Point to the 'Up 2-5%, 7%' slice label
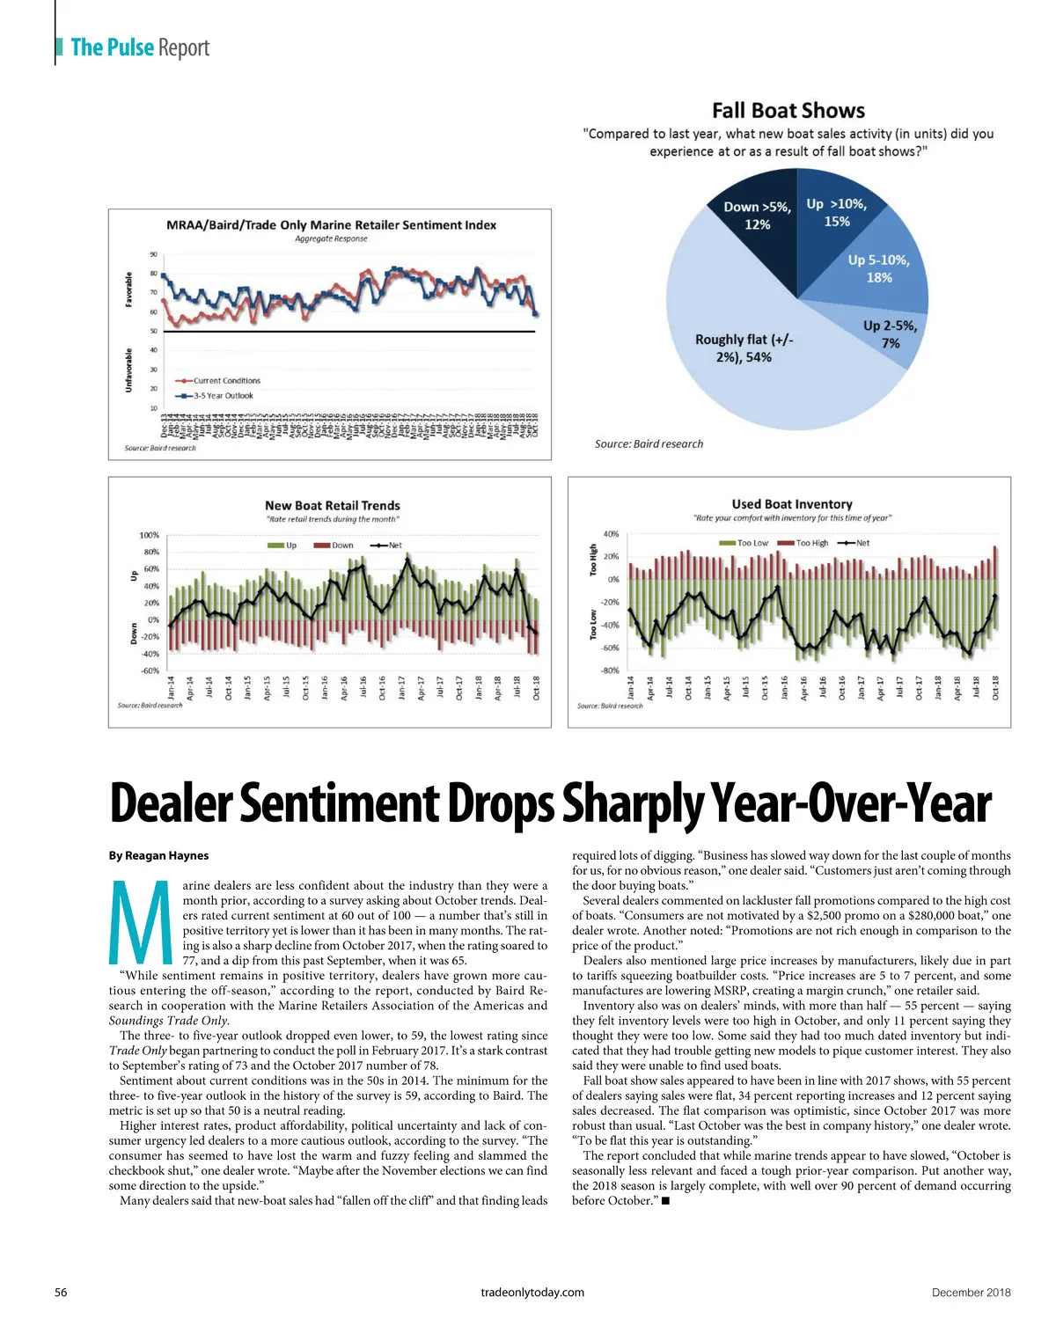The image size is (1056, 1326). (891, 334)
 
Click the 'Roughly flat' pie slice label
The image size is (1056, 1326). (744, 348)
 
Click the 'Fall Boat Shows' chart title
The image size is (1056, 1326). (788, 111)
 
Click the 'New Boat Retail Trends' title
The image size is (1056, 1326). (333, 506)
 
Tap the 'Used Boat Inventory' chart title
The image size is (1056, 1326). (792, 504)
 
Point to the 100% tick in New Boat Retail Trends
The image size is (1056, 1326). (149, 535)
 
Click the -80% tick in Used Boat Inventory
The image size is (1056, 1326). (610, 671)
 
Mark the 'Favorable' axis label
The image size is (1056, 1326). (129, 289)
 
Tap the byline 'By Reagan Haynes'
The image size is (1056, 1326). (159, 855)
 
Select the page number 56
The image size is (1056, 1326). (62, 1293)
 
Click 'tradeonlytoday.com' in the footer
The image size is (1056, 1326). (532, 1293)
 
